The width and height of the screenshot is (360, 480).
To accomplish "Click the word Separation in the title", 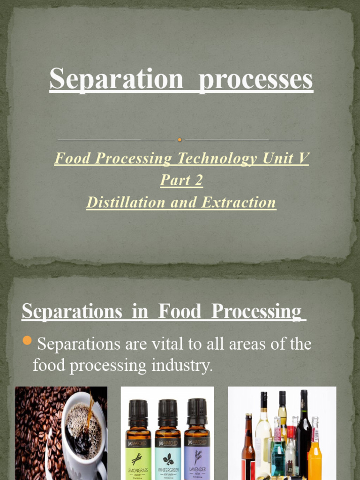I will [x=116, y=79].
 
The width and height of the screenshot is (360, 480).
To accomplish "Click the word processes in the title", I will [x=255, y=79].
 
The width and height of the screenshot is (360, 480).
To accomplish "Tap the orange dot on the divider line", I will [x=180, y=139].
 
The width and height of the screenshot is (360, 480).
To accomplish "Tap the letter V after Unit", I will [x=304, y=158].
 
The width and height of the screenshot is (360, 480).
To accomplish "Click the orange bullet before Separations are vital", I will [x=27, y=341].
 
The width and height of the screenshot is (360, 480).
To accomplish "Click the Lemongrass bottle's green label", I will [x=139, y=462].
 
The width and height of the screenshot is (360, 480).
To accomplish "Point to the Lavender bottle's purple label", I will [x=197, y=462].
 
